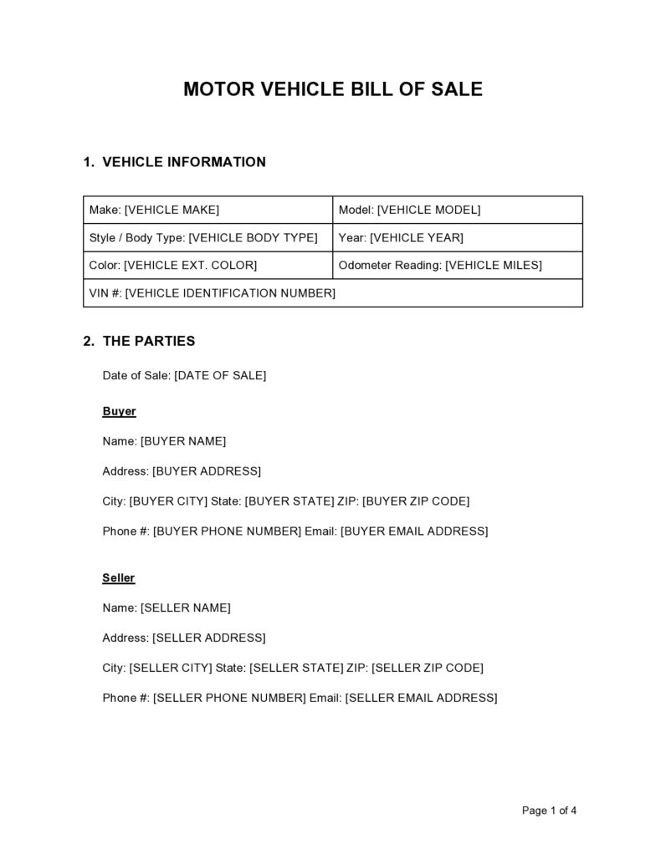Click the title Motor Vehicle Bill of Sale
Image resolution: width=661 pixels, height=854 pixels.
coord(333,89)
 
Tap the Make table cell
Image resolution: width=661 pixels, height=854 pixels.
coord(208,210)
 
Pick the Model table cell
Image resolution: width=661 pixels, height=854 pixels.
coord(457,210)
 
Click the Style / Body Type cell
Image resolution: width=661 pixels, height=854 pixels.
coord(208,238)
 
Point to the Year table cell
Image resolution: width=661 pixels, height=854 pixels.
coord(457,238)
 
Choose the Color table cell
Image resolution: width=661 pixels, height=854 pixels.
coord(208,266)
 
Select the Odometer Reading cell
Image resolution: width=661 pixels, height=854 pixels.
coord(457,266)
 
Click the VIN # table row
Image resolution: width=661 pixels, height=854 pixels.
coord(333,293)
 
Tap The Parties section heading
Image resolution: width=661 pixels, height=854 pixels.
coord(148,341)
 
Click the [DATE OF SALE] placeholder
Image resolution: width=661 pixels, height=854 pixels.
coord(220,376)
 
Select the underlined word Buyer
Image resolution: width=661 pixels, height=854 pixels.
coord(119,412)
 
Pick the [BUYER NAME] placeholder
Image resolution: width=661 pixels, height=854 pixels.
coord(183,441)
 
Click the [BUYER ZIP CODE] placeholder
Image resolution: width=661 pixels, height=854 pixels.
coord(416,501)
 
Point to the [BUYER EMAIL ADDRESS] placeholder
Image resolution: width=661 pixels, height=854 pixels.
coord(414,531)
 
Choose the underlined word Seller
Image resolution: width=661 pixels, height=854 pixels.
coord(119,578)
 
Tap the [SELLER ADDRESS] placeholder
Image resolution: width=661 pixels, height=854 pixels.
coord(208,638)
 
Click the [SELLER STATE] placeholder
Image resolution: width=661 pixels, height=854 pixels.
coord(297,668)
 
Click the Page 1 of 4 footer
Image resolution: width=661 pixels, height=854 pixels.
coord(550,811)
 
